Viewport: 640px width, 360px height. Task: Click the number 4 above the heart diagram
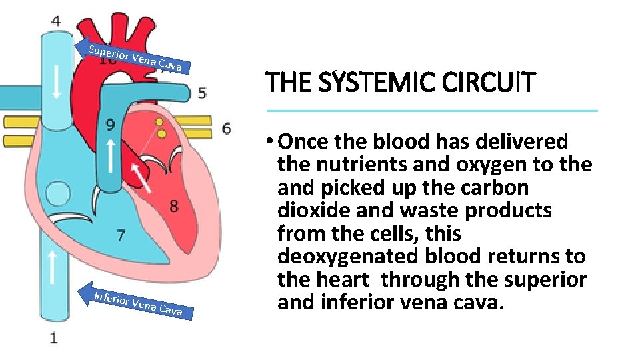(x=55, y=21)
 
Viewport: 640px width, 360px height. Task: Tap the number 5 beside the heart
(x=201, y=93)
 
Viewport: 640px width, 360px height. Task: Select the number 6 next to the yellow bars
(x=227, y=127)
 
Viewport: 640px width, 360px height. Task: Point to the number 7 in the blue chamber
(x=121, y=235)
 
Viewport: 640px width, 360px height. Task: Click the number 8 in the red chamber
(x=173, y=206)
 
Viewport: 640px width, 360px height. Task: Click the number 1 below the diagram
(x=54, y=337)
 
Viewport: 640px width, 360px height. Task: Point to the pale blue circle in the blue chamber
(x=58, y=195)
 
